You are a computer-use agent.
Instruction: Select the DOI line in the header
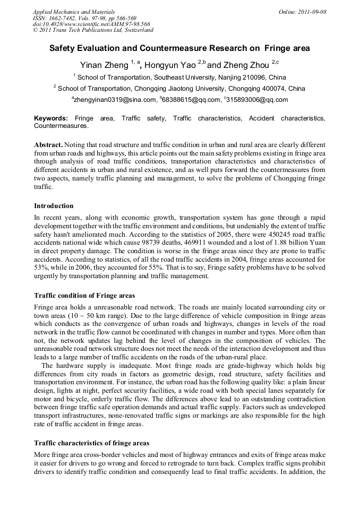coord(91,24)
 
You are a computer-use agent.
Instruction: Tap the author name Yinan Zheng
coord(105,65)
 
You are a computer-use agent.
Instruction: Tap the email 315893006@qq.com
coord(258,100)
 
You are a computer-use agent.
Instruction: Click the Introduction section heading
coord(54,206)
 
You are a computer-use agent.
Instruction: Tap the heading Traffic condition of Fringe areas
coord(84,295)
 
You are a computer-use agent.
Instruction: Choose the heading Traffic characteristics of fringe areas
coord(91,443)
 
